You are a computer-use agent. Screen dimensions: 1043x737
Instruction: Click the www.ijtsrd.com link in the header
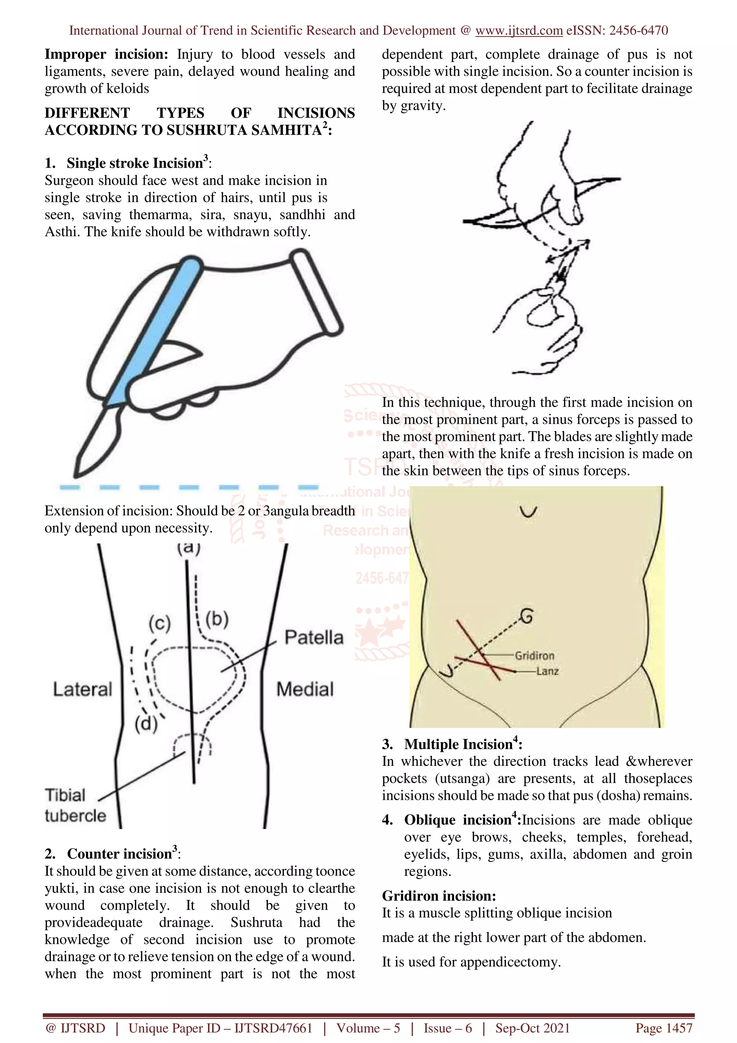(519, 31)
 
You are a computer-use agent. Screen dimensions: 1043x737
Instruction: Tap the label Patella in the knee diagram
(314, 637)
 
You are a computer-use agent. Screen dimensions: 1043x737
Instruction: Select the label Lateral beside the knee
(82, 689)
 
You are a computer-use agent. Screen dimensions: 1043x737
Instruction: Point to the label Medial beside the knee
(305, 689)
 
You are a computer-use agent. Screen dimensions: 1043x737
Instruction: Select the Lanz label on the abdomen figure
(547, 671)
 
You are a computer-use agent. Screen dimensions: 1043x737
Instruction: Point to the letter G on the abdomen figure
(526, 617)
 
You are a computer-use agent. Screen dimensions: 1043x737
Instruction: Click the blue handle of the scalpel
(154, 331)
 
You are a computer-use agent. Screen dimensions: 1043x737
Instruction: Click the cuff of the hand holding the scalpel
(317, 293)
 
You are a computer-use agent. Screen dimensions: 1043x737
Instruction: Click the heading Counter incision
(119, 854)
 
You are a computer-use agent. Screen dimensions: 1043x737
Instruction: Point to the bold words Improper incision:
(106, 54)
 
